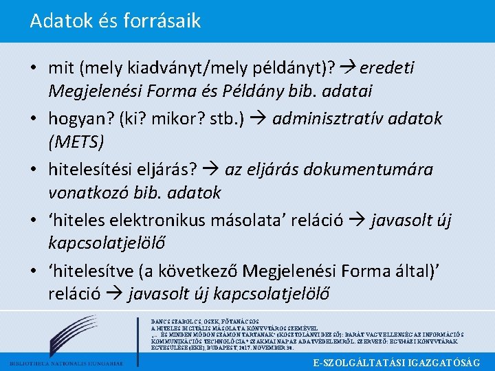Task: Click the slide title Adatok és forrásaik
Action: coord(115,21)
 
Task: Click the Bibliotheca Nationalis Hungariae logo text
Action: coord(65,363)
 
